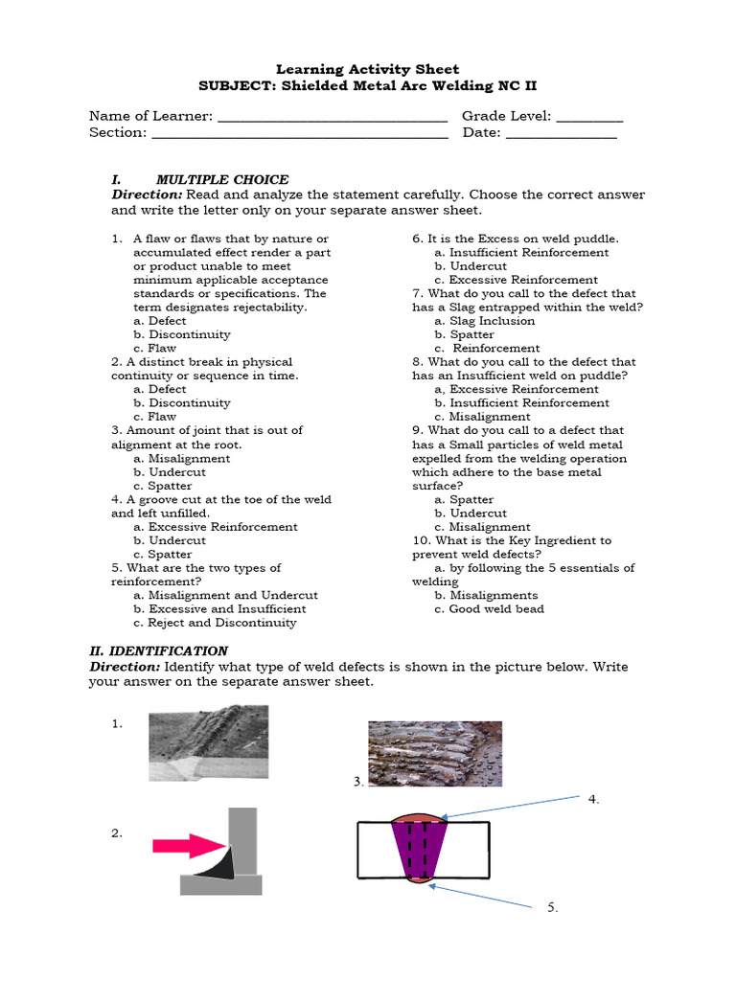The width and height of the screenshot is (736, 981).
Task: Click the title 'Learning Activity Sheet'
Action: pyautogui.click(x=368, y=69)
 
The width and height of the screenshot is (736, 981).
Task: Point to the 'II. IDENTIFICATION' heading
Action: pyautogui.click(x=158, y=650)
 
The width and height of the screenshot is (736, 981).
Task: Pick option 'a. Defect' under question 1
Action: pyautogui.click(x=160, y=321)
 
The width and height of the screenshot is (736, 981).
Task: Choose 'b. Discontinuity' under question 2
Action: pyautogui.click(x=182, y=403)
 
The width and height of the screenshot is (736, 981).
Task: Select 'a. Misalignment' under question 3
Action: pyautogui.click(x=182, y=458)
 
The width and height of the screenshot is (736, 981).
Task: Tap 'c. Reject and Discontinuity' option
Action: pyautogui.click(x=216, y=623)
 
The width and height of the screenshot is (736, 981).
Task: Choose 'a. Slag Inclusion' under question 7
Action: pyautogui.click(x=484, y=321)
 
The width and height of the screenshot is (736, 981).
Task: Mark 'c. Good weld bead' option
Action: pyautogui.click(x=489, y=609)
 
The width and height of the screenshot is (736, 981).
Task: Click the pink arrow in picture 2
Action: pyautogui.click(x=188, y=846)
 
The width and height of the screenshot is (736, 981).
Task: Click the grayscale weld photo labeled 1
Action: pyautogui.click(x=208, y=743)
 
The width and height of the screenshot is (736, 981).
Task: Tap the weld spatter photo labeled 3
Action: pyautogui.click(x=435, y=753)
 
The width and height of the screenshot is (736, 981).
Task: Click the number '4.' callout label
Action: pyautogui.click(x=593, y=798)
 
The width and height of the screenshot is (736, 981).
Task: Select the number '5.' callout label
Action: pyautogui.click(x=553, y=907)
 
